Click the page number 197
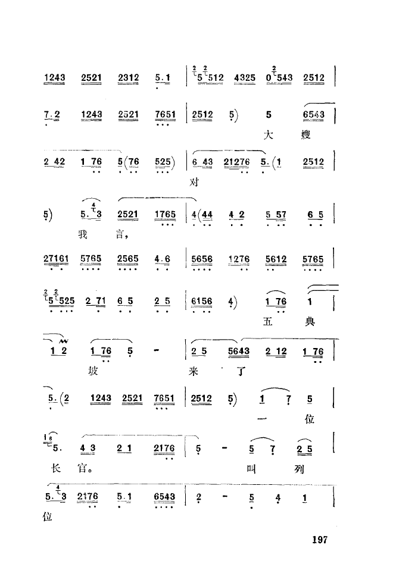pyautogui.click(x=320, y=540)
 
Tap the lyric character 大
pyautogui.click(x=269, y=134)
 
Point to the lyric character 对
pyautogui.click(x=194, y=183)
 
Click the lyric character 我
pyautogui.click(x=83, y=234)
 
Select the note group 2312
pyautogui.click(x=129, y=77)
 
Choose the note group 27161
pyautogui.click(x=55, y=259)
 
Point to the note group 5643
pyautogui.click(x=238, y=352)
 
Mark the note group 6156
pyautogui.click(x=202, y=302)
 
